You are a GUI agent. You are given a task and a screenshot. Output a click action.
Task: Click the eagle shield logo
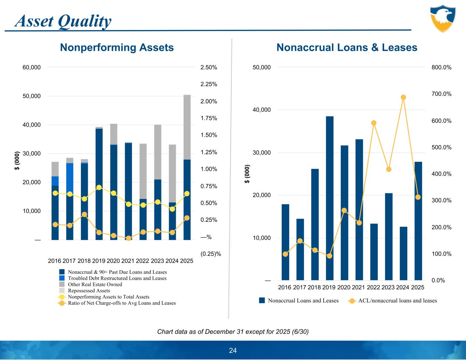[442, 18]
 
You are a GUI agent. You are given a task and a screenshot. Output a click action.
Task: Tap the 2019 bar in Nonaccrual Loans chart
[329, 198]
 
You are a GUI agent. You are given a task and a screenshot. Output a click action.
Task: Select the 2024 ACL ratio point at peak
[403, 97]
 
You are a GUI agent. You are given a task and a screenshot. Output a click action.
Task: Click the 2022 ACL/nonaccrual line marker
[374, 123]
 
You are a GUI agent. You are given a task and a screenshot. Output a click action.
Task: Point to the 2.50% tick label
[209, 68]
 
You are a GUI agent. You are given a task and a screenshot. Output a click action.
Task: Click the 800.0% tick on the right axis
[441, 68]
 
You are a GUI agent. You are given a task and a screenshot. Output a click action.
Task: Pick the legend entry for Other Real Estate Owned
[95, 284]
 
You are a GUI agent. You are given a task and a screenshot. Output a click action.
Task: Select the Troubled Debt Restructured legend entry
[117, 278]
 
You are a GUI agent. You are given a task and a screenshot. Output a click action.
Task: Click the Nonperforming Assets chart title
[117, 47]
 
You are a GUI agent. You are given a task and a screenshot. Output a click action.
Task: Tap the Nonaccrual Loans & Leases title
[347, 47]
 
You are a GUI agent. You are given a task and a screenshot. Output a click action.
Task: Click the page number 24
[233, 350]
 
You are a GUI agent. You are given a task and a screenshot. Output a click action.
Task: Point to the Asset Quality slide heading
[63, 21]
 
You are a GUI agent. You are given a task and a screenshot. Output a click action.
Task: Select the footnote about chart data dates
[233, 332]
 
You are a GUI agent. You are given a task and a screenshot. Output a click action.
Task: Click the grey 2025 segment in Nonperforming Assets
[187, 127]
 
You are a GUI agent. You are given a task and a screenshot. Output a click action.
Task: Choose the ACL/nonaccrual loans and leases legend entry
[397, 301]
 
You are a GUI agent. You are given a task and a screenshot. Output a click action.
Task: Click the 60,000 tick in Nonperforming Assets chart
[31, 68]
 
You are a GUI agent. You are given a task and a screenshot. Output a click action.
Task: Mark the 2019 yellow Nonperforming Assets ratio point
[99, 187]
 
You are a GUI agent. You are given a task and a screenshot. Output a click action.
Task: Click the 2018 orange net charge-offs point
[84, 215]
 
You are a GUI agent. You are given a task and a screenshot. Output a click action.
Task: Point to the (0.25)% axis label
[211, 254]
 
